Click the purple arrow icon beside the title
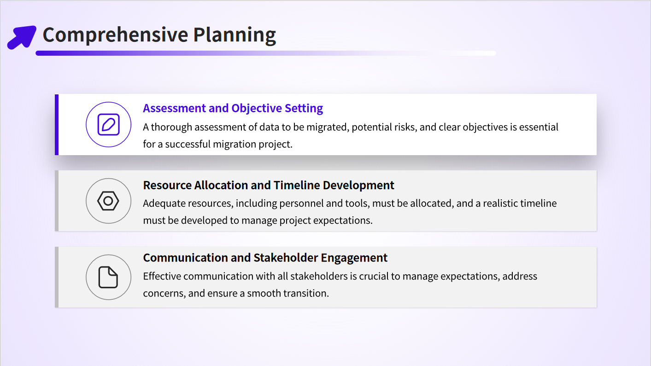point(22,37)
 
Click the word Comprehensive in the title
point(115,35)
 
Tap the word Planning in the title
point(235,35)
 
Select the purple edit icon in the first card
point(108,125)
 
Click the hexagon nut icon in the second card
point(108,201)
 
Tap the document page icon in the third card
point(108,277)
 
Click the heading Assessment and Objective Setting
point(233,108)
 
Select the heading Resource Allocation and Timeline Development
point(269,185)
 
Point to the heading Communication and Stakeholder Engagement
point(265,258)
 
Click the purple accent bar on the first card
point(57,125)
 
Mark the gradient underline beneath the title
point(266,53)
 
